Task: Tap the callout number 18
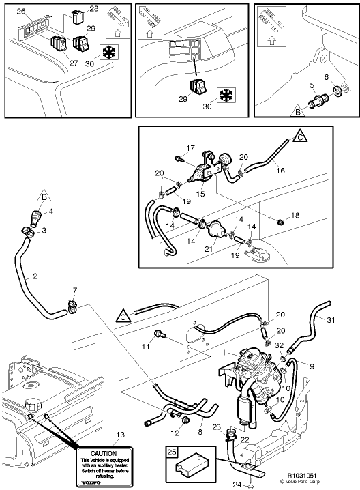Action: coord(295,216)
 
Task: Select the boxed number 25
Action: coord(172,453)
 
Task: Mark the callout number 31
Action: coord(331,321)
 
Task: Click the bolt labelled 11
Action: coord(160,334)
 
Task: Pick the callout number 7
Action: coord(75,291)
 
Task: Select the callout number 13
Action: coord(119,435)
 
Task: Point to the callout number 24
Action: coord(237,485)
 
